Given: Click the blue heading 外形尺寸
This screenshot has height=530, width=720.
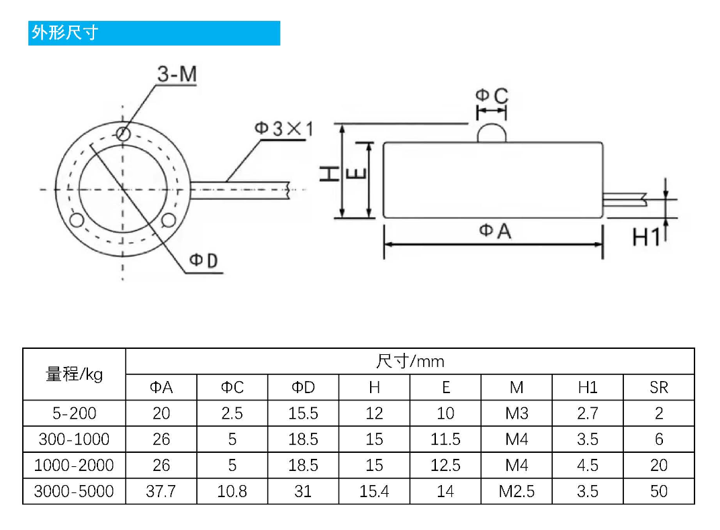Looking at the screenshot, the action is [x=64, y=33].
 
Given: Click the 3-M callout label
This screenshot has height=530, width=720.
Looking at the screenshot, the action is [x=177, y=74].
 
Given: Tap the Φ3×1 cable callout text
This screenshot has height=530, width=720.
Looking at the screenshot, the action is [x=284, y=129].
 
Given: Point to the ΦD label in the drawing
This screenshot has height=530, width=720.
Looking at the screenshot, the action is [x=204, y=260].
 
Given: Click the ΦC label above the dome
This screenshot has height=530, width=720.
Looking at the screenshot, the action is [x=492, y=95].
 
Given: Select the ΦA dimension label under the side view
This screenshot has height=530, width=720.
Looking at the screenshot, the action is [x=494, y=231].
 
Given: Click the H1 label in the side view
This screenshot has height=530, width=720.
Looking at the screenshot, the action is [x=646, y=237].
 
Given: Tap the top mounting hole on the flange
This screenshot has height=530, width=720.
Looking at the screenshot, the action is [x=123, y=134].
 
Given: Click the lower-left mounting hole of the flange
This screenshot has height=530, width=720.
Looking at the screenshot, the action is [x=77, y=220].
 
